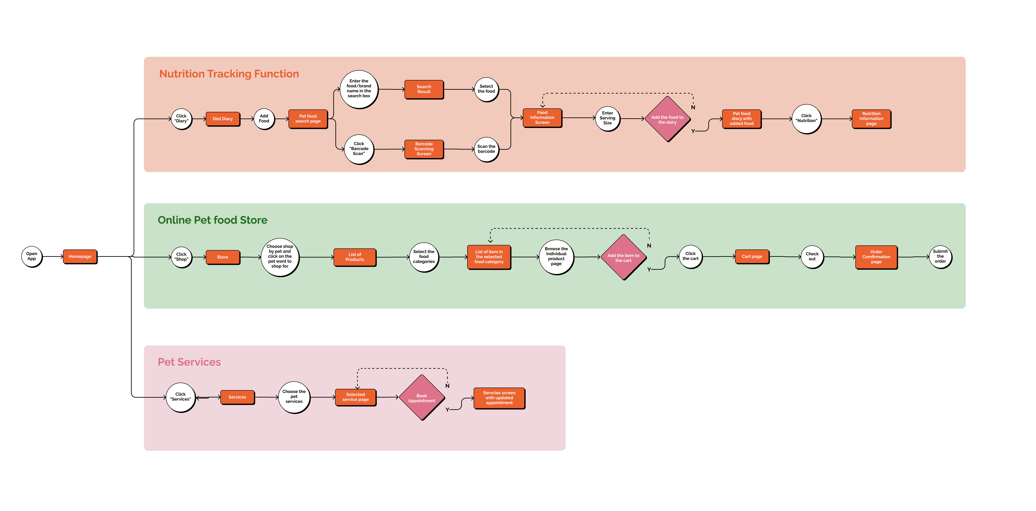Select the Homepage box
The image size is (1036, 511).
click(80, 256)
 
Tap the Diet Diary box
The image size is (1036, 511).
click(223, 119)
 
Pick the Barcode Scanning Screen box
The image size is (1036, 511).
click(424, 149)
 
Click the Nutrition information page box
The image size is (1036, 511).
click(871, 119)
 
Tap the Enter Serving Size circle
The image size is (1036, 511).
click(607, 118)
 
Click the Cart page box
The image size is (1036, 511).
click(752, 256)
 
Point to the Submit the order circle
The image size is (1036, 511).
click(940, 256)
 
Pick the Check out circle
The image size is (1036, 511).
click(812, 256)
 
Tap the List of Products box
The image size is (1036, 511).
click(355, 257)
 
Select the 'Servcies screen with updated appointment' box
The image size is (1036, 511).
click(499, 398)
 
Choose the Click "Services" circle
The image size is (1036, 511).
click(181, 397)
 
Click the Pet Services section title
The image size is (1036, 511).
click(189, 362)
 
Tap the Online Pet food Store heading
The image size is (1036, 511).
click(212, 220)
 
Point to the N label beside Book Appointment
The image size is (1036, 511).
click(447, 386)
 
